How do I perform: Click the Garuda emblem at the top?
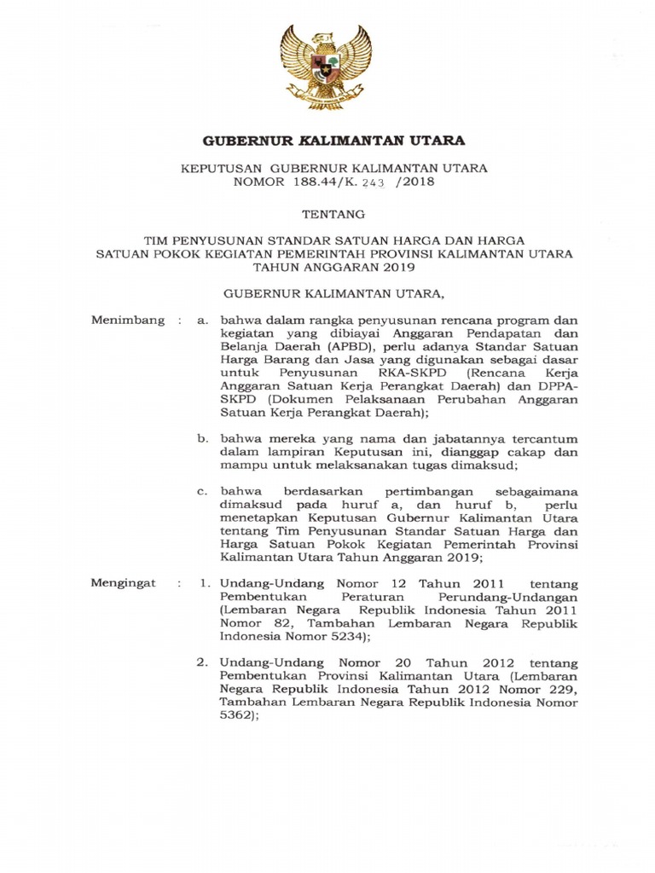(326, 66)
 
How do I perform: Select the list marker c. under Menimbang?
(203, 492)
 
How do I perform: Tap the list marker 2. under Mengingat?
(205, 662)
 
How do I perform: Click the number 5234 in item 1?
(339, 636)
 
